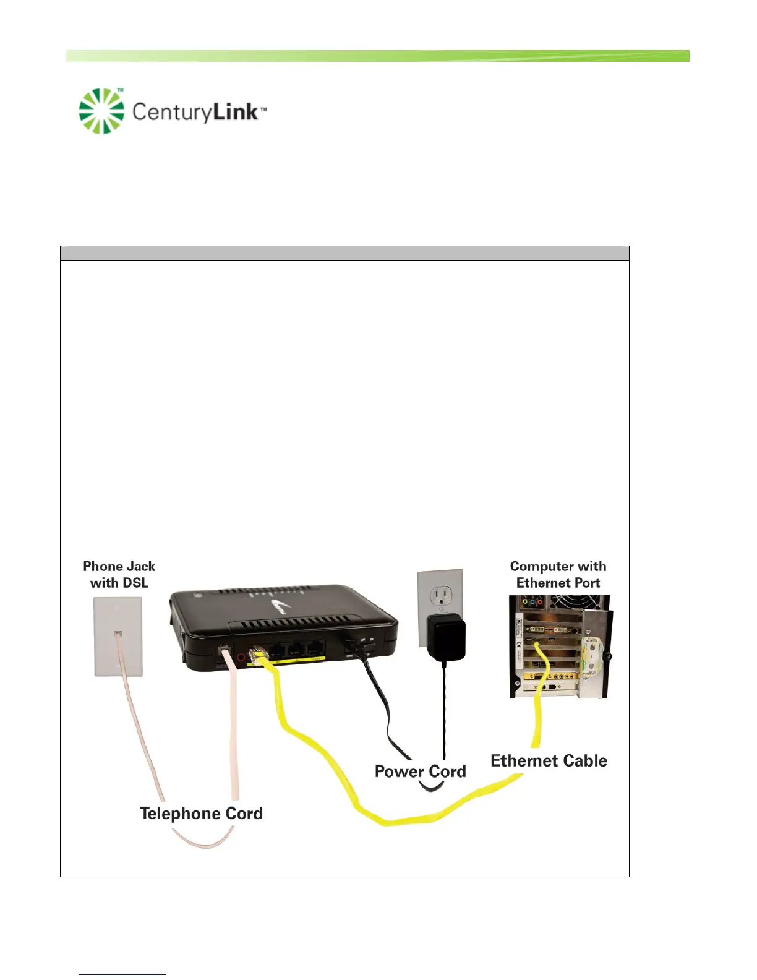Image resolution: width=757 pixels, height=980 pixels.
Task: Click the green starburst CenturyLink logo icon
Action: (x=101, y=111)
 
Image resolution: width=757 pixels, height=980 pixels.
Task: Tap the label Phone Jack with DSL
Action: (x=119, y=575)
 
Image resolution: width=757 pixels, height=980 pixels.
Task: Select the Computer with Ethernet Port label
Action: (x=558, y=575)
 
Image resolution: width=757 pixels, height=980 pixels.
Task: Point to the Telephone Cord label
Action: (x=201, y=813)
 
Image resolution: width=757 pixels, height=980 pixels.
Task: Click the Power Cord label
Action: (x=420, y=772)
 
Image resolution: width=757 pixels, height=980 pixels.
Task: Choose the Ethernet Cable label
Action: (x=549, y=760)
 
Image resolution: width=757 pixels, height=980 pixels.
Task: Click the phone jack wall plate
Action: (x=118, y=637)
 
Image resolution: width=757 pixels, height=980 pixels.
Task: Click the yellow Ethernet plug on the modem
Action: (x=259, y=656)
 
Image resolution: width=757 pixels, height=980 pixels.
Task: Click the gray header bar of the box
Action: (x=344, y=254)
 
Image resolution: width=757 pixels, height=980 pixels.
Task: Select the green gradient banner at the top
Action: (x=377, y=56)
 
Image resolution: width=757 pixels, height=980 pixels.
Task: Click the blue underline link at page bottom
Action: (x=122, y=974)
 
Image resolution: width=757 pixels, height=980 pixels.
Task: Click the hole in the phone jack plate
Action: (x=118, y=634)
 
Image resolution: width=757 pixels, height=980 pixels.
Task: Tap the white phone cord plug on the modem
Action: (x=226, y=655)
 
